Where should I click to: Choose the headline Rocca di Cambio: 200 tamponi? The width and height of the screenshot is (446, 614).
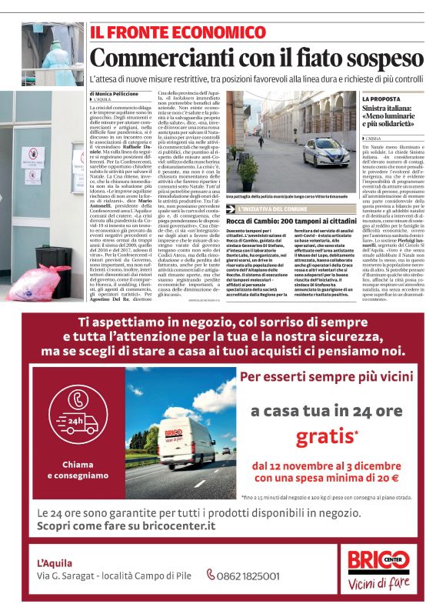pos(291,222)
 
